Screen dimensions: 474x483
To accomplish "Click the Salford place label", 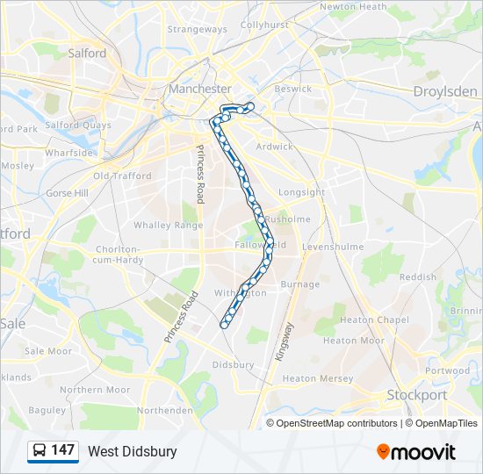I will click(87, 53).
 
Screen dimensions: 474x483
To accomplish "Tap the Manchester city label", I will click(199, 89).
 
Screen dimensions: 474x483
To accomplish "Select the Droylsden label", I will click(445, 91).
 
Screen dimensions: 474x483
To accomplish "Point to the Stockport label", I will click(417, 395).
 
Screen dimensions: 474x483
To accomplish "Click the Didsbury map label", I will click(233, 364).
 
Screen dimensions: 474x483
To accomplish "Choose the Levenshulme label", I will click(332, 248).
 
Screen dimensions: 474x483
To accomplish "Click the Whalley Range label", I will click(168, 226).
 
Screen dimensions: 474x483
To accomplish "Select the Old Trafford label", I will click(122, 176).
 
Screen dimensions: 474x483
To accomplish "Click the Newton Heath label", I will click(353, 6).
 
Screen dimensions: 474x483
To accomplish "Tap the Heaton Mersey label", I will click(318, 379).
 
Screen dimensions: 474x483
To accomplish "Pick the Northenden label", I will click(164, 410).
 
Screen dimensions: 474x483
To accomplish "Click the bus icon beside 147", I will click(40, 451).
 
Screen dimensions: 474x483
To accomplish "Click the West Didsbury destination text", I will click(132, 451).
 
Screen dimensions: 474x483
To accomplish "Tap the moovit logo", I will click(416, 452).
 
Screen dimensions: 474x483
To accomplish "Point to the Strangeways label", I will click(197, 29).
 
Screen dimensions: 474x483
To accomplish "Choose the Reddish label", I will click(417, 276).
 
